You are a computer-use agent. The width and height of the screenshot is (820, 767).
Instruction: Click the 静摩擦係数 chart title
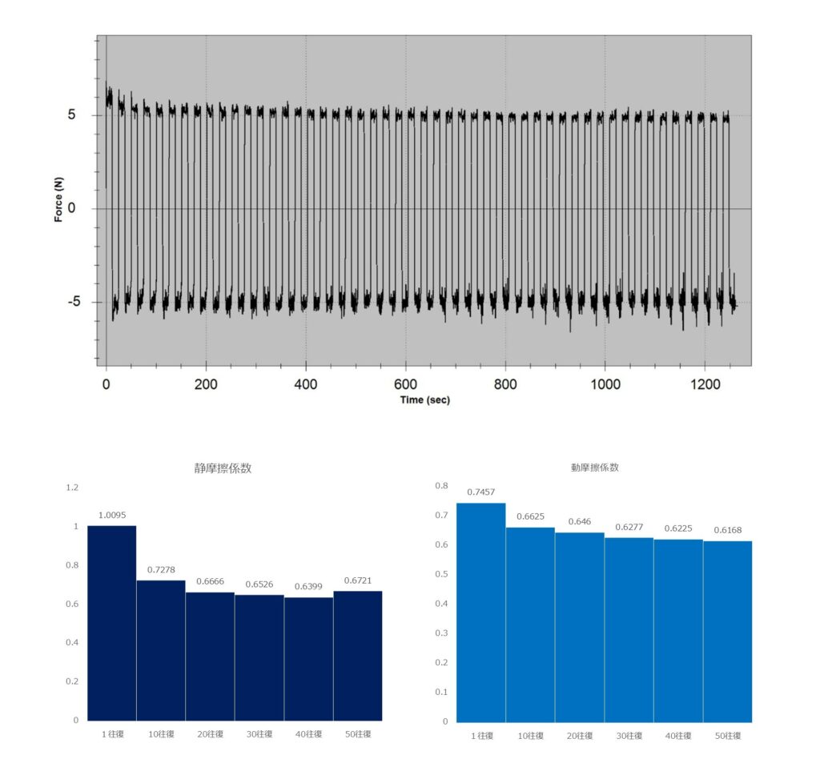223,468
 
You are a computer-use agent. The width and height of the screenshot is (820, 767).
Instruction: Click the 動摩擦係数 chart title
594,467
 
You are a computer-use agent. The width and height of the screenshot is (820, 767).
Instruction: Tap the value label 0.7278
160,570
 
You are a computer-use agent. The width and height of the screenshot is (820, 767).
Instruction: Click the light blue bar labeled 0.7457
480,612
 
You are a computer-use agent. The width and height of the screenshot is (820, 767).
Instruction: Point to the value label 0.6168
727,531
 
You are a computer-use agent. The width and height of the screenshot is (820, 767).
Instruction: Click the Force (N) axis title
59,199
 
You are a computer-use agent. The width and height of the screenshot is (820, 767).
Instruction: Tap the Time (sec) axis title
424,400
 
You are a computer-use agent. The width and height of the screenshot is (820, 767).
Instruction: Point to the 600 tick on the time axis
406,384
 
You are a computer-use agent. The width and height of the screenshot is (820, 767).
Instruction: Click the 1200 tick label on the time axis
704,384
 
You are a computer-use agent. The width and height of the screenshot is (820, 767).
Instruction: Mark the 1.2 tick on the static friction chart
73,488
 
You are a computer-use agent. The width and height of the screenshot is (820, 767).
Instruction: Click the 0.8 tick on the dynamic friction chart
441,485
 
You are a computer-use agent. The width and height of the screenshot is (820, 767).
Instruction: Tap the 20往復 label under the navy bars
210,734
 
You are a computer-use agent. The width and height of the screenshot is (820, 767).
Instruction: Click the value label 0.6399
308,587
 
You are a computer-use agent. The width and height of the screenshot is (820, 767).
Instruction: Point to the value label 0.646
579,522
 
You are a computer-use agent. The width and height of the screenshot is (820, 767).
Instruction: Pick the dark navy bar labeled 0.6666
210,656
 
